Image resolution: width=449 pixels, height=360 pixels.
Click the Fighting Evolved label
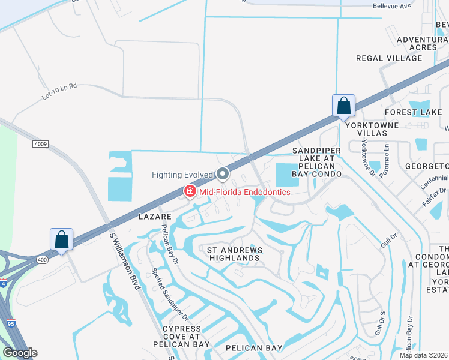[182, 175]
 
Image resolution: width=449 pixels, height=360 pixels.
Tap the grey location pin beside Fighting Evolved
[223, 174]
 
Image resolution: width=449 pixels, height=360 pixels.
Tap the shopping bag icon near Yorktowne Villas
[343, 106]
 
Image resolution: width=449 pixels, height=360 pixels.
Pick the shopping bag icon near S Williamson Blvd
[62, 239]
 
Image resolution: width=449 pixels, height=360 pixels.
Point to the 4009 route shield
[40, 144]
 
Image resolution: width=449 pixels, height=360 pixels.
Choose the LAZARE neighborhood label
[155, 216]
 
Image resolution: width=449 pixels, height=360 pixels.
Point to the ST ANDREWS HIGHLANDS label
[233, 253]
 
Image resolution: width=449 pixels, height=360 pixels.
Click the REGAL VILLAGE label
[389, 58]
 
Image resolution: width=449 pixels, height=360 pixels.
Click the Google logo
[20, 353]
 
